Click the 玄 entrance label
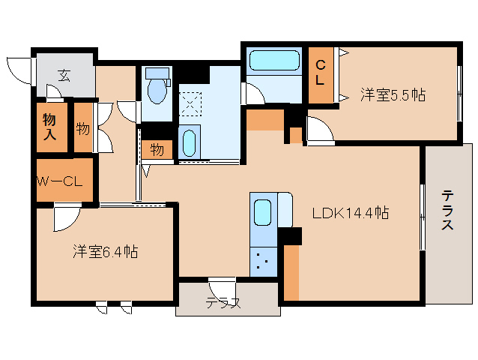pos(64,75)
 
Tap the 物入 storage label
pos(49,127)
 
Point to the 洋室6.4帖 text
pos(106,251)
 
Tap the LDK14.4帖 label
pos(350,212)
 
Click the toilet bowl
pos(157,88)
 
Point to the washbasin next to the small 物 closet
pos(190,142)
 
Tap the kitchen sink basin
pos(262,211)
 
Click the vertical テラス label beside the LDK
pos(447,215)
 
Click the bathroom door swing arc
pos(254,93)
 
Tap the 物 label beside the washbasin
pos(157,148)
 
